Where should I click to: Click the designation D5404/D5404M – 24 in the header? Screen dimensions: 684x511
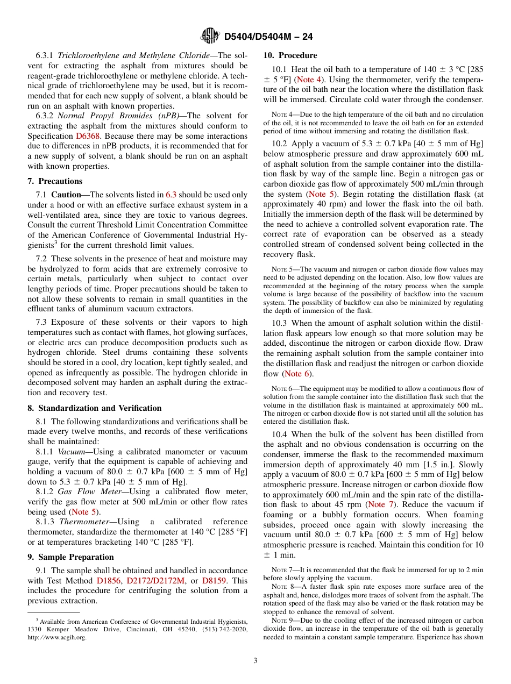(268, 37)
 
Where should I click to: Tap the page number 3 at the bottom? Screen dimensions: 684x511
(256, 661)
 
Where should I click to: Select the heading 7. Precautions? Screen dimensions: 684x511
(55, 181)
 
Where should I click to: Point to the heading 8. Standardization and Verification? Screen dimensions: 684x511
(94, 408)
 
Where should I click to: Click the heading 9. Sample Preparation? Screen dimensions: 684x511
(70, 557)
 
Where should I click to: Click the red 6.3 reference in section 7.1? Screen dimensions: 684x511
(171, 195)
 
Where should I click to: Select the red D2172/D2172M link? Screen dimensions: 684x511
(155, 581)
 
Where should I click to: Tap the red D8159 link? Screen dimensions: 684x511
(214, 581)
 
